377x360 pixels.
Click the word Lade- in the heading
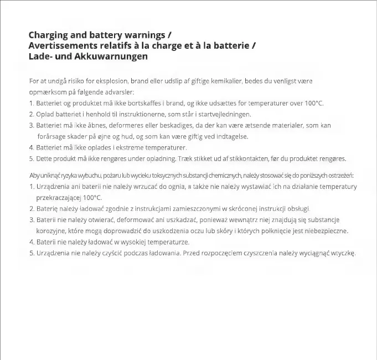pos(40,56)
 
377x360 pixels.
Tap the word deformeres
pos(124,126)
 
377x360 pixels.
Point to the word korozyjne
pos(52,231)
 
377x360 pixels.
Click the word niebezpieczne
pos(328,231)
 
